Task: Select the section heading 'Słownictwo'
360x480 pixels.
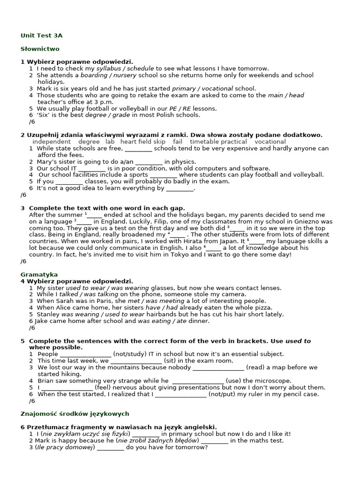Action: click(x=40, y=49)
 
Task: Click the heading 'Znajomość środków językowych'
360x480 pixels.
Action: click(x=75, y=414)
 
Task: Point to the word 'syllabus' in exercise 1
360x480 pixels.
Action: click(x=108, y=68)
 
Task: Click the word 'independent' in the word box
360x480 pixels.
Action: click(x=52, y=142)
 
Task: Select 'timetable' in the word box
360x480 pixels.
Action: click(x=204, y=142)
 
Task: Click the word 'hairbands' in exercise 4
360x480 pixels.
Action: click(x=162, y=314)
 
